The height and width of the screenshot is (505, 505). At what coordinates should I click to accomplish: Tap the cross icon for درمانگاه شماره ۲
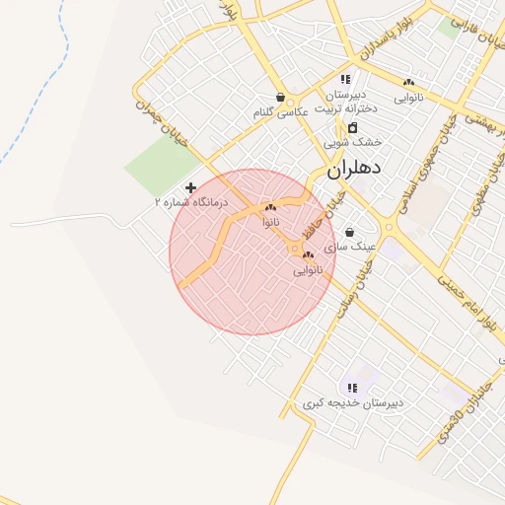[190, 187]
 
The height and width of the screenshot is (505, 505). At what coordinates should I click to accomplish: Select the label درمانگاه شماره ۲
[190, 202]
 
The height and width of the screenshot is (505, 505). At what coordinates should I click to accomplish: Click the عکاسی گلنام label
[280, 112]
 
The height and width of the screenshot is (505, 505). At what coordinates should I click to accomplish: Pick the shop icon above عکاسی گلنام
[281, 98]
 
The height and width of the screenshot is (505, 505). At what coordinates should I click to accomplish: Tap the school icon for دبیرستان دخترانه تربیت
[345, 79]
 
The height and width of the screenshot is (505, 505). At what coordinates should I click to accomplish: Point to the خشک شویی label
[352, 142]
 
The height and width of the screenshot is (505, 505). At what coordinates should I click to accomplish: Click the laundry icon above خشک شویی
[352, 127]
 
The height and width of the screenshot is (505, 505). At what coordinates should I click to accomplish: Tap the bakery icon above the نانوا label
[270, 208]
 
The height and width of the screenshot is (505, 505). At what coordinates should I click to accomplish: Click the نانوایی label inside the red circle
[307, 269]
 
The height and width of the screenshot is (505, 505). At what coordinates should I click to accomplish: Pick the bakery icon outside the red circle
[409, 83]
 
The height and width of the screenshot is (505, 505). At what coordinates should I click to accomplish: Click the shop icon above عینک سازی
[349, 233]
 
